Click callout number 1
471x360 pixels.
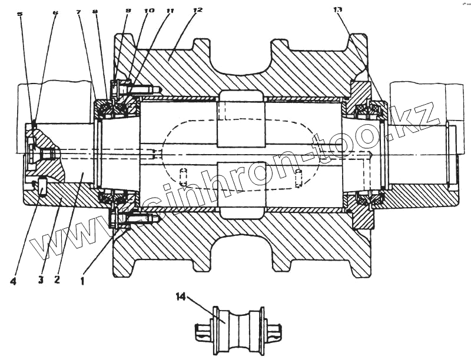tap(83, 273)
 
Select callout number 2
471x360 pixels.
tap(57, 279)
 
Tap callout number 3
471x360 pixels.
tap(41, 279)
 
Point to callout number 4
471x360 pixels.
tap(13, 281)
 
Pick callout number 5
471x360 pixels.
tap(20, 14)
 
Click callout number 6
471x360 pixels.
tap(55, 13)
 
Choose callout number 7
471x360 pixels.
tap(78, 12)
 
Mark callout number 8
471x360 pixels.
tap(96, 12)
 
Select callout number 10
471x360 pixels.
tap(149, 11)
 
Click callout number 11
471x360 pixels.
tap(171, 11)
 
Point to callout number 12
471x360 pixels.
tap(197, 11)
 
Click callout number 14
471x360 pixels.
tap(180, 298)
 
